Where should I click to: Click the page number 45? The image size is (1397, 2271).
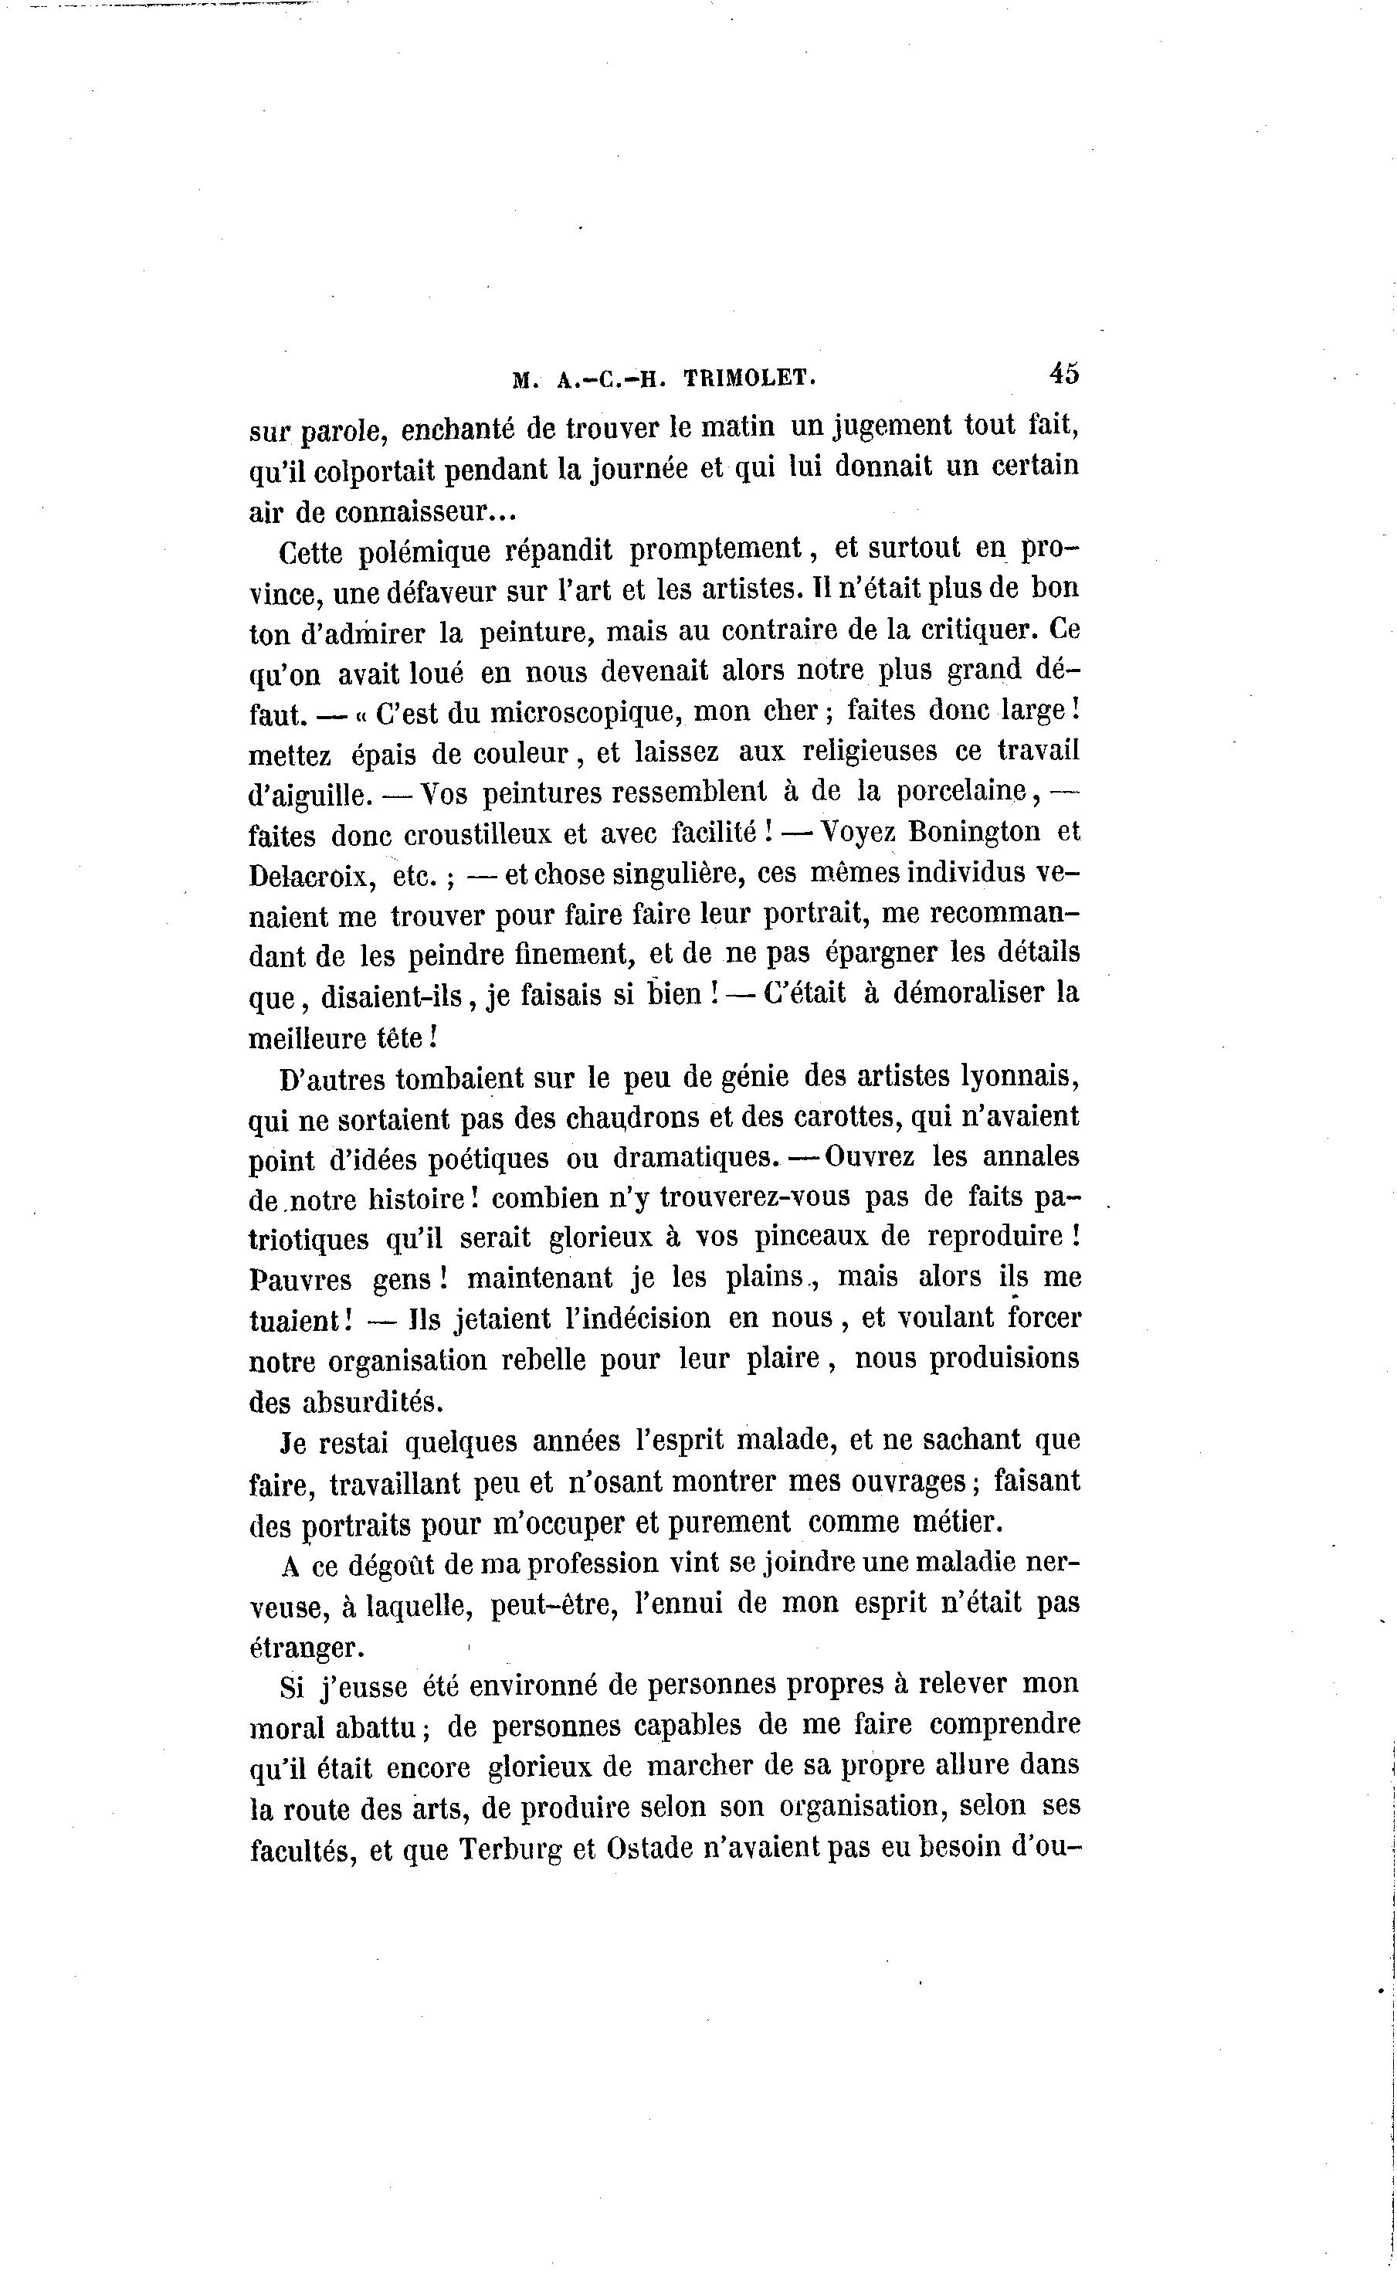point(1063,373)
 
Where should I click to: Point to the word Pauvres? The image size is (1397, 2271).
point(301,1280)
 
